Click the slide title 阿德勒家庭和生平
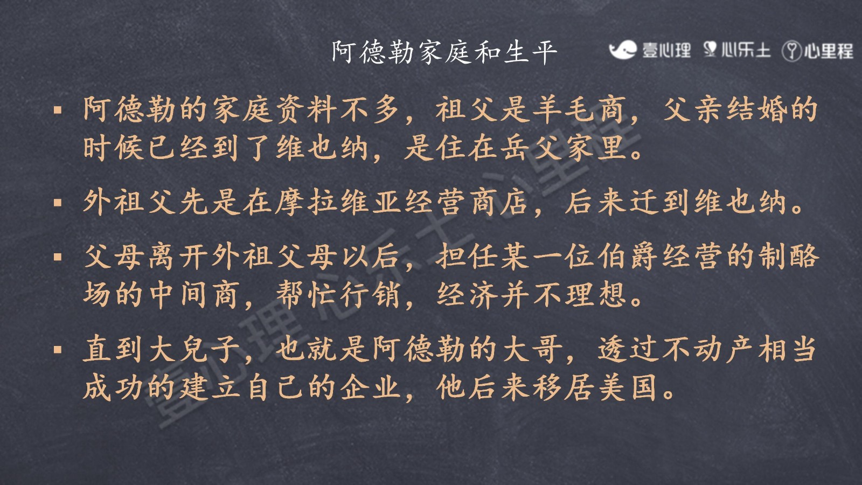pos(444,52)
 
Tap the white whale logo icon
pos(623,50)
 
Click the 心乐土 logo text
pos(738,50)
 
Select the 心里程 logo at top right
pos(818,51)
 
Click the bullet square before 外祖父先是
pos(58,203)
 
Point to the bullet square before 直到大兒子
pos(58,350)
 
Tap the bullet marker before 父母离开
pos(58,257)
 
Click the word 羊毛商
pos(581,110)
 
